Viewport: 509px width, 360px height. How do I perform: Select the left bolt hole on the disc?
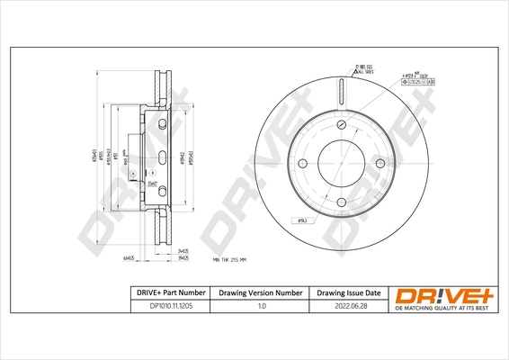(x=302, y=163)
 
